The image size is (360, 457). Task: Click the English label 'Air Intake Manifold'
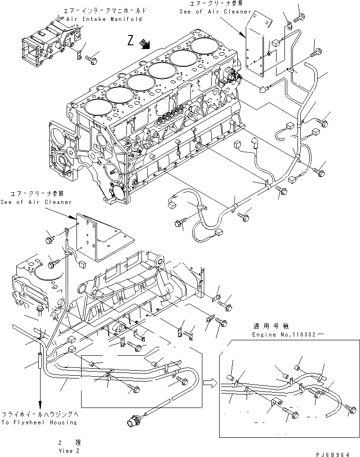tap(104, 19)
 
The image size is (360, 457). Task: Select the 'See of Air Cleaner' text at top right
tap(215, 12)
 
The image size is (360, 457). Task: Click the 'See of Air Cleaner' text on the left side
tap(36, 202)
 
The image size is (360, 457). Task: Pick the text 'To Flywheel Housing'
tap(39, 422)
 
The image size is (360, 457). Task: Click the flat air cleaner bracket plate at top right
tap(259, 44)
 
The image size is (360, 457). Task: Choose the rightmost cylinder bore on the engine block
tap(205, 47)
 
